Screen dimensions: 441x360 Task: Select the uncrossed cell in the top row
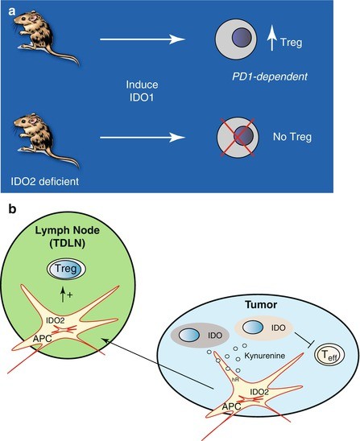coord(240,39)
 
